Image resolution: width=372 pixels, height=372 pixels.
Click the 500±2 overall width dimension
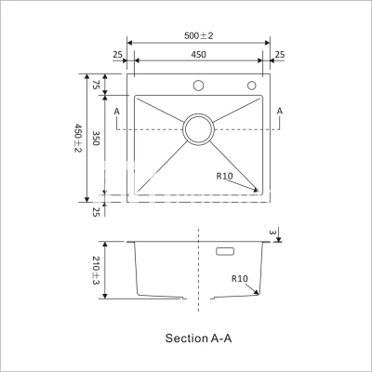pyautogui.click(x=199, y=35)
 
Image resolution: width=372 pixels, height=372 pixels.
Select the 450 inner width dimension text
pyautogui.click(x=198, y=55)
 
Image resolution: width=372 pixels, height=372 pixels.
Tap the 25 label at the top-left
pyautogui.click(x=117, y=55)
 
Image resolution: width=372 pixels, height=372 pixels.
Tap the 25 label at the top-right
pyautogui.click(x=280, y=55)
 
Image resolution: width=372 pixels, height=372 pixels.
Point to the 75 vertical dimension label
pyautogui.click(x=96, y=85)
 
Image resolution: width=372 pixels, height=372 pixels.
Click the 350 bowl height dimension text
pyautogui.click(x=96, y=138)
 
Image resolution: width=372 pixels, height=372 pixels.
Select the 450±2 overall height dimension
pyautogui.click(x=77, y=138)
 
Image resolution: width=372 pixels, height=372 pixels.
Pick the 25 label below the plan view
pyautogui.click(x=96, y=212)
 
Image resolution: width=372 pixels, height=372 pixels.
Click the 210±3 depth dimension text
pyautogui.click(x=96, y=271)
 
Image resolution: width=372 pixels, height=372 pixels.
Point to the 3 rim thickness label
pyautogui.click(x=272, y=232)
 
